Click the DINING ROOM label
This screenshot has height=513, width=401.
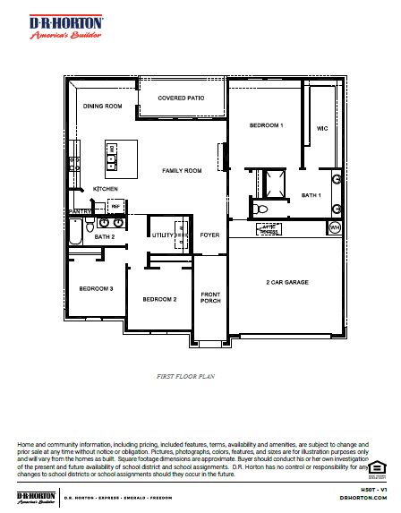pyautogui.click(x=102, y=107)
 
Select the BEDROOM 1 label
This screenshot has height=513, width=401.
pyautogui.click(x=266, y=125)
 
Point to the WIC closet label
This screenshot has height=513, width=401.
pyautogui.click(x=322, y=128)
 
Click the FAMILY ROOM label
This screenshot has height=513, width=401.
pyautogui.click(x=182, y=170)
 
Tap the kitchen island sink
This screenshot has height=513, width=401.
pyautogui.click(x=113, y=161)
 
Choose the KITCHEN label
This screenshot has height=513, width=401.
pyautogui.click(x=107, y=189)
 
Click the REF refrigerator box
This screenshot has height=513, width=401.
pyautogui.click(x=115, y=205)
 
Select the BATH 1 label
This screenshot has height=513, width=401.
pyautogui.click(x=311, y=194)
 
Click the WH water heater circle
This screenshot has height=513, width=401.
pyautogui.click(x=335, y=228)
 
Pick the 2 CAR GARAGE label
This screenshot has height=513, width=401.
pyautogui.click(x=287, y=282)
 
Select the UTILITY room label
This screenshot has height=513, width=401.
pyautogui.click(x=162, y=235)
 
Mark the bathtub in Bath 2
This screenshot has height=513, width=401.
pyautogui.click(x=76, y=235)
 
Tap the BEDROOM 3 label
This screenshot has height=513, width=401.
pyautogui.click(x=96, y=289)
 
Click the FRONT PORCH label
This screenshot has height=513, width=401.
pyautogui.click(x=210, y=298)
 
